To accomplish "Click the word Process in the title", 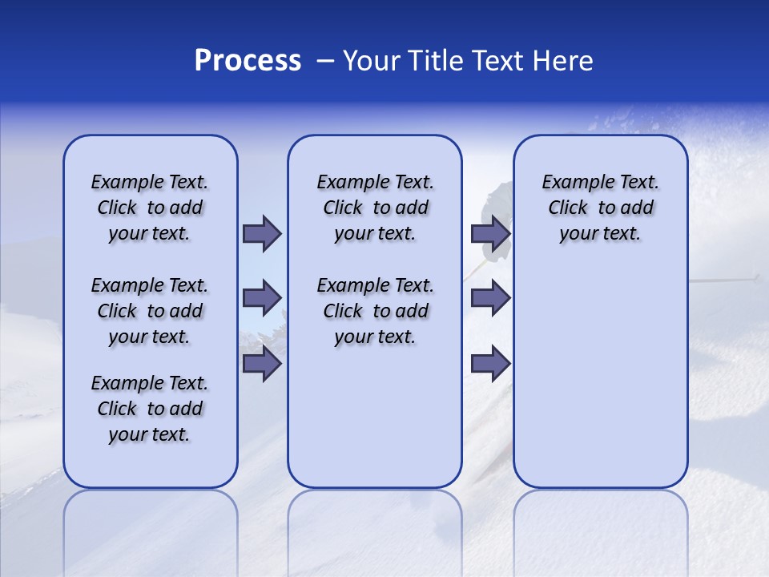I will coord(248,61).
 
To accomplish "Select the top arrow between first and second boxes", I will coord(262,234).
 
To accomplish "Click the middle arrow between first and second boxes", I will coord(262,298).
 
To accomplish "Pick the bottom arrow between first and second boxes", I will coord(262,364).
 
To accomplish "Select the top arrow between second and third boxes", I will coord(490,234).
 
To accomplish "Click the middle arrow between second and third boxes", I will coord(490,298).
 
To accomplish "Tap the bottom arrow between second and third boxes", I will coord(490,364).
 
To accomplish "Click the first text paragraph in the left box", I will coord(150,208).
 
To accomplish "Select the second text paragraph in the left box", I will coord(150,311).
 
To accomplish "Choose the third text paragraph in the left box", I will coord(150,409).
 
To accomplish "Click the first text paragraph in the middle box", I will coord(375,208).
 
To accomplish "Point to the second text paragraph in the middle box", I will coord(375,311).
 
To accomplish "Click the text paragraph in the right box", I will coord(600,208).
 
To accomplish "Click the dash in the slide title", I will coord(324,61).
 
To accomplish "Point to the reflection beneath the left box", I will coord(151,529).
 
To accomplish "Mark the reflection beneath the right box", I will coord(600,529).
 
